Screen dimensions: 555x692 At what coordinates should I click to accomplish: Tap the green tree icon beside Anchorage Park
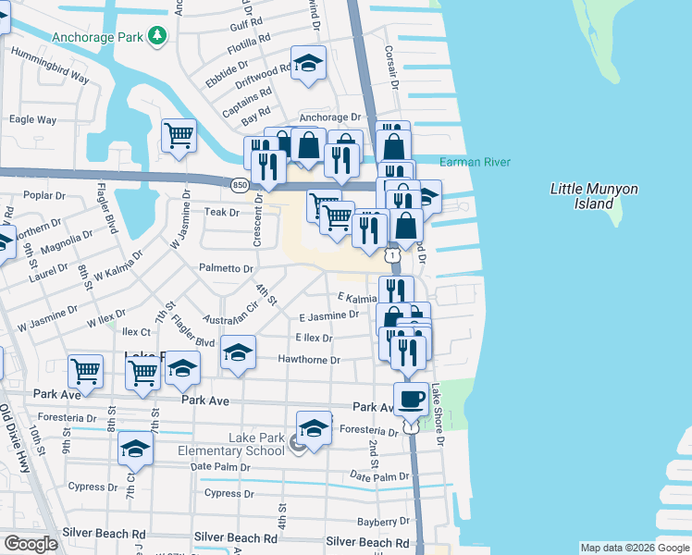click(x=157, y=35)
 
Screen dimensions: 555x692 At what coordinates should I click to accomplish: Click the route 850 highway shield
click(x=240, y=185)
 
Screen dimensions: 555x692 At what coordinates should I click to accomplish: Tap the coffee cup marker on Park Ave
click(x=411, y=400)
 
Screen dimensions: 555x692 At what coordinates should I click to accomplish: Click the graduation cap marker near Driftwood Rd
click(x=309, y=63)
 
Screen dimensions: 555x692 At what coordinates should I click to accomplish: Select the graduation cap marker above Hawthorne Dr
click(x=238, y=352)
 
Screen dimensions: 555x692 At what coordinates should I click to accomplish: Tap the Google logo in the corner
click(x=31, y=544)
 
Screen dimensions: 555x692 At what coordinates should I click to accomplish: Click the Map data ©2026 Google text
click(x=634, y=548)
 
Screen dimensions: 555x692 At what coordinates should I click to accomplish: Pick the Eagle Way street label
click(x=32, y=119)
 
